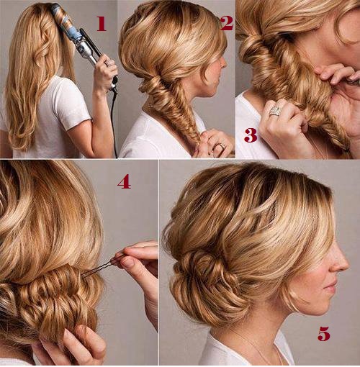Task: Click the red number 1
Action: coord(102,24)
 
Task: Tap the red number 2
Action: coord(227,23)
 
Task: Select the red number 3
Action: coord(251,135)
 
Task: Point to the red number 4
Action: coord(124,181)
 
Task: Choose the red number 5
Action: coord(324,333)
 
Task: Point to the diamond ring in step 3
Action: coord(275,111)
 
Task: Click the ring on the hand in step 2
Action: coord(222,145)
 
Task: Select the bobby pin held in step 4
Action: coord(101,267)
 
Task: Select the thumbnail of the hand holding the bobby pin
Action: coord(127,262)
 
